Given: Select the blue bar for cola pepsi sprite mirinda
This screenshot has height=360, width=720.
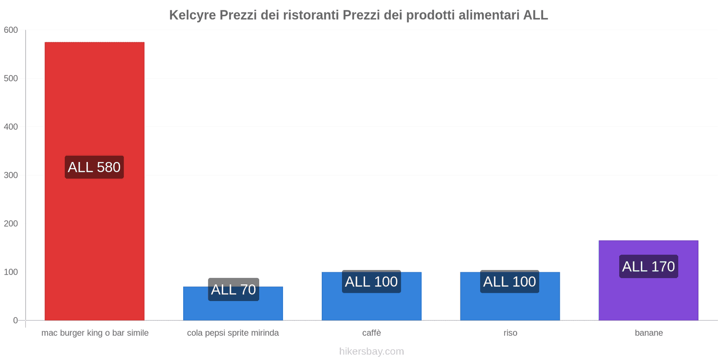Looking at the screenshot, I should tap(233, 310).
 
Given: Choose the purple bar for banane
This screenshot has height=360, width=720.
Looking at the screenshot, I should tap(648, 297).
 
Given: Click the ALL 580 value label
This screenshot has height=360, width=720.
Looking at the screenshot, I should tap(94, 167).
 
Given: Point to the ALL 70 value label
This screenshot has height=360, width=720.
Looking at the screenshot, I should tap(233, 289).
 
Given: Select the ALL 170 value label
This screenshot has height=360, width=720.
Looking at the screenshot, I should tap(648, 266).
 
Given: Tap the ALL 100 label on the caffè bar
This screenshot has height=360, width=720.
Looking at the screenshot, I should tap(371, 282).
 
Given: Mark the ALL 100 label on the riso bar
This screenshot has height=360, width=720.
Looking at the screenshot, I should tap(509, 282).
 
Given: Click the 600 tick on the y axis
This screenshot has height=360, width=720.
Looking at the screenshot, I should tap(11, 30).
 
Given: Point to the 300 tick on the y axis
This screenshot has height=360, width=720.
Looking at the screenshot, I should tap(11, 175).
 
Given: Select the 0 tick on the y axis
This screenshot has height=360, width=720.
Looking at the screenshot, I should tap(16, 320).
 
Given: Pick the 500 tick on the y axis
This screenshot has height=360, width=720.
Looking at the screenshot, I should tap(11, 78).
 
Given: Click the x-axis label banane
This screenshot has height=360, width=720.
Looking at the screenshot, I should tap(648, 333).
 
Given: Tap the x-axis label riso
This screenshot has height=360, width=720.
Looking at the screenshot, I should tap(510, 333).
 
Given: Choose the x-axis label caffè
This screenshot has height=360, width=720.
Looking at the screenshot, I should tap(372, 333).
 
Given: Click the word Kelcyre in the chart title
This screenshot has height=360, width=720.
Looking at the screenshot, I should tap(192, 15).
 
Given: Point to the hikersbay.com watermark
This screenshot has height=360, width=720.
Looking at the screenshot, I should tap(372, 351).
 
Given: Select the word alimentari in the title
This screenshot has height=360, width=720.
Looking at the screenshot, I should tap(489, 15).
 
